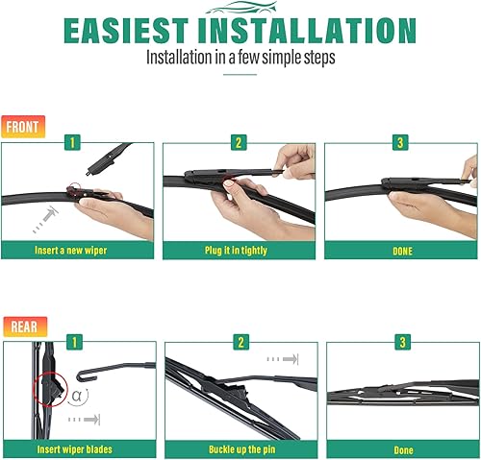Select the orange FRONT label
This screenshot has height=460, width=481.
coord(21,127)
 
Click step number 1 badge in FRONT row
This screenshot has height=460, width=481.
coord(70,142)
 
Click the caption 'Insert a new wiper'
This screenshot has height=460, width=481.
coord(78,251)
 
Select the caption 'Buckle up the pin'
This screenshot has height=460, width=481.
coord(241,448)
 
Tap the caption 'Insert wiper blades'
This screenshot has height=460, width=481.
coord(78,448)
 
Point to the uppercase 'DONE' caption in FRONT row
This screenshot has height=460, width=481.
coord(402,251)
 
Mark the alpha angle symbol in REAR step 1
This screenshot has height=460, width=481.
coord(78,396)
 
